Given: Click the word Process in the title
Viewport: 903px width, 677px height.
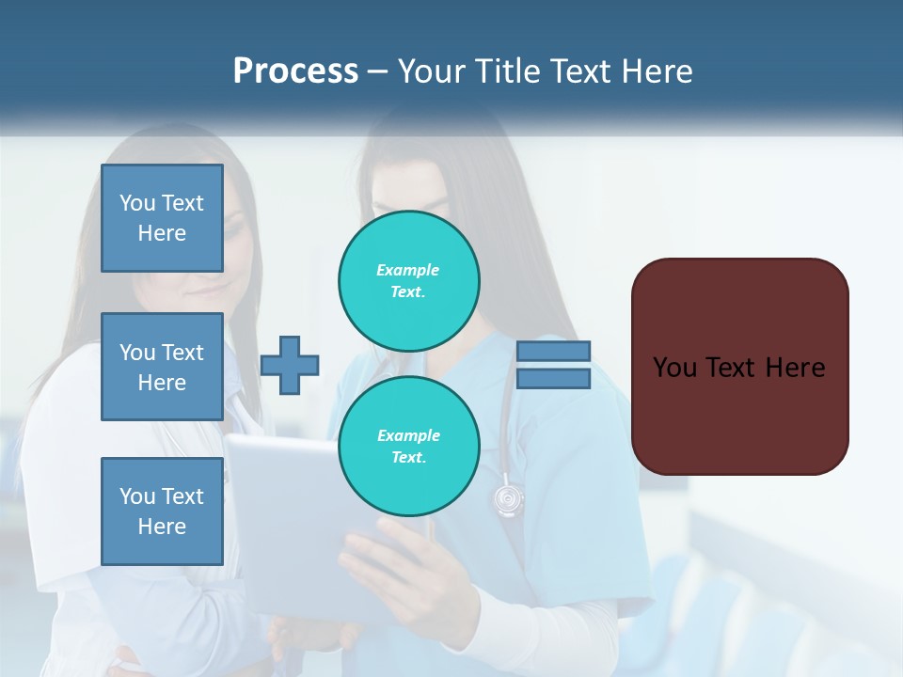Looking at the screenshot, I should click(x=295, y=71).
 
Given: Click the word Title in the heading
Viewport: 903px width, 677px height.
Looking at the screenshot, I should click(x=503, y=71).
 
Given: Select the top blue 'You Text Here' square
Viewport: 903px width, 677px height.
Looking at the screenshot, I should click(x=162, y=218).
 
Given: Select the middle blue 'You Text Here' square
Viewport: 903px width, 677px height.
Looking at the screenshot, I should click(x=162, y=367).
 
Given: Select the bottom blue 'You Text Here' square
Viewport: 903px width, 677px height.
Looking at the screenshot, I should click(x=162, y=512).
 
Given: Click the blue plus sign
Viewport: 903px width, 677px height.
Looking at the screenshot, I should click(x=290, y=365).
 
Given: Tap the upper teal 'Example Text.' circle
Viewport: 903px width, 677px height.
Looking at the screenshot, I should click(x=409, y=281).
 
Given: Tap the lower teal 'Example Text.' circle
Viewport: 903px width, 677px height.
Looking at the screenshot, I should click(x=409, y=447).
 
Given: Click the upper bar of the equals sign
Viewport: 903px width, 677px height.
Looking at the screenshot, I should click(x=553, y=352).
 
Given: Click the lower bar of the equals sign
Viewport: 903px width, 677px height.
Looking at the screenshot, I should click(x=553, y=379).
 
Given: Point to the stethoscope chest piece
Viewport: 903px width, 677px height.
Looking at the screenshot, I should click(x=508, y=498).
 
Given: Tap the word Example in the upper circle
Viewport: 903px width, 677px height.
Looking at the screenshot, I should click(x=408, y=270).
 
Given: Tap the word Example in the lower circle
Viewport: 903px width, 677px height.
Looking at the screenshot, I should click(x=408, y=435).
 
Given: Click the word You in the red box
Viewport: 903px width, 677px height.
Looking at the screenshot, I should click(x=674, y=368).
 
